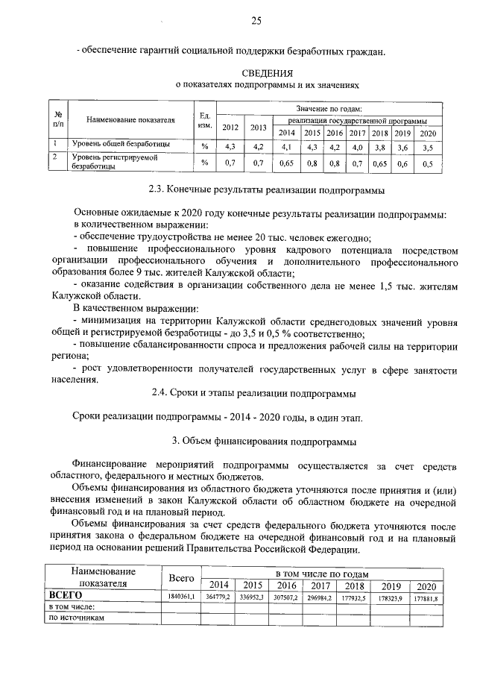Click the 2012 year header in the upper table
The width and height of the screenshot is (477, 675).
(230, 126)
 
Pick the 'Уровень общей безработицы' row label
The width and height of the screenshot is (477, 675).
(120, 142)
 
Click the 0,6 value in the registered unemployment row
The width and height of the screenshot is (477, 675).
(402, 163)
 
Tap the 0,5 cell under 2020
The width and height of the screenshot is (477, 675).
(427, 163)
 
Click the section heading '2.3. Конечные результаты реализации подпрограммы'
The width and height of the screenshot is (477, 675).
(268, 189)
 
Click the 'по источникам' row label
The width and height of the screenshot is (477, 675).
(75, 618)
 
